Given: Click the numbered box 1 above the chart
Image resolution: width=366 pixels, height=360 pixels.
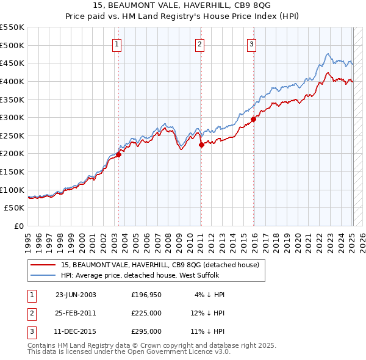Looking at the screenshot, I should (x=117, y=43).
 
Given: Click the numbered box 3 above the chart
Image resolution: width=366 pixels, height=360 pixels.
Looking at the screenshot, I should (x=252, y=43).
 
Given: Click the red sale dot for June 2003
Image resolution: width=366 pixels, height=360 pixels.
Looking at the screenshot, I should (x=119, y=154).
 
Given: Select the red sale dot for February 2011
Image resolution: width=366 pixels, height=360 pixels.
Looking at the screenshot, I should (x=201, y=145).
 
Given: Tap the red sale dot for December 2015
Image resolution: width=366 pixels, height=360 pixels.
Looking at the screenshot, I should (x=253, y=120).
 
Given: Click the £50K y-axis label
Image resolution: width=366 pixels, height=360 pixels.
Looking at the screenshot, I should (x=15, y=208).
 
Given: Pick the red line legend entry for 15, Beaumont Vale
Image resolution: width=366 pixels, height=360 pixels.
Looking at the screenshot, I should (x=160, y=265).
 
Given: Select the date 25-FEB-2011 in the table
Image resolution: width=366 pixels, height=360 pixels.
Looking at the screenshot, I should (x=76, y=313).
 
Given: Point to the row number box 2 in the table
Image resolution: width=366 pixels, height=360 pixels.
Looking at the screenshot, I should (x=30, y=313).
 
